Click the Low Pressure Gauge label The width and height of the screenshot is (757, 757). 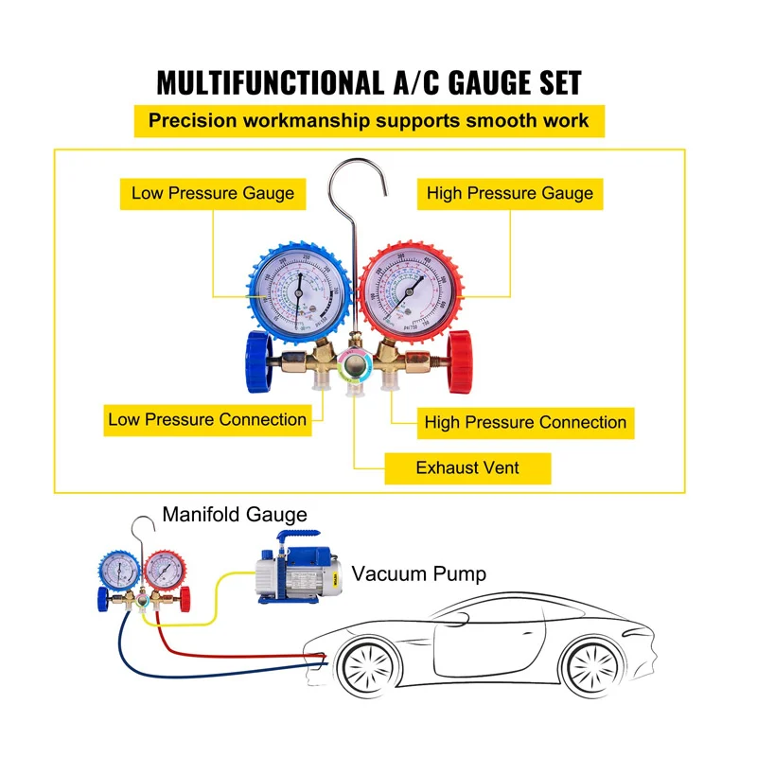coord(212,193)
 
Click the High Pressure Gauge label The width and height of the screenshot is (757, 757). coord(509,193)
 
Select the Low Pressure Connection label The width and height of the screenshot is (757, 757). coord(207,419)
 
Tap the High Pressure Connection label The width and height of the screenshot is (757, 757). coord(525,422)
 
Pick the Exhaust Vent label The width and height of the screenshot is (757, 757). coord(467,467)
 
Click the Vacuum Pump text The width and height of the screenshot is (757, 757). coord(418,573)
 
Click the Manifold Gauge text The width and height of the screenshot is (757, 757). coord(235,515)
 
